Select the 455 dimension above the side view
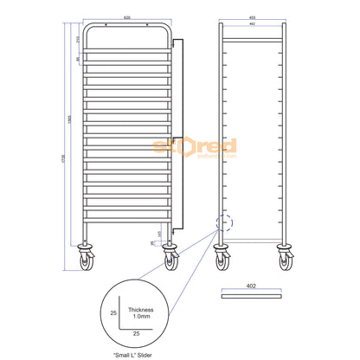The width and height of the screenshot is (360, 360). coord(252,16)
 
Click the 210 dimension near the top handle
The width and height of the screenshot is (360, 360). coord(79,40)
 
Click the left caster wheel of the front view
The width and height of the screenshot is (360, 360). coord(88,257)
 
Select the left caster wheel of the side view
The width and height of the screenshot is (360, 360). coord(221,257)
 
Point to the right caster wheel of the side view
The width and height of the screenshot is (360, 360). coord(283,257)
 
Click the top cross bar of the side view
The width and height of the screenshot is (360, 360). coord(252,39)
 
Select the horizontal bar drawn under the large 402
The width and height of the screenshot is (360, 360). coord(252,295)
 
